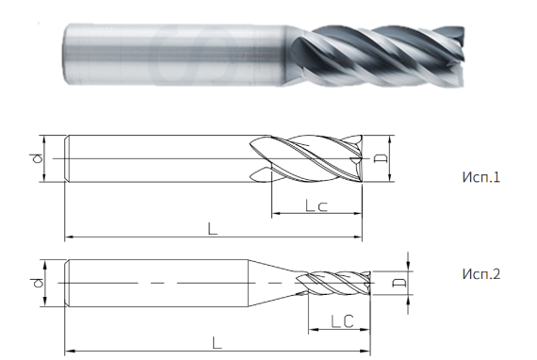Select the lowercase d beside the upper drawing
tap(36, 159)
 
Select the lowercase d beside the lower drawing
tap(36, 282)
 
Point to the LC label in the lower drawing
tap(341, 322)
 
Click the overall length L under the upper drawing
tap(212, 228)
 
